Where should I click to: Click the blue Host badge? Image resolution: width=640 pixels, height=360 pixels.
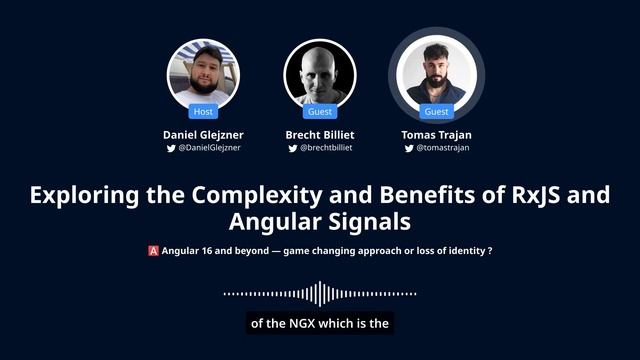203,112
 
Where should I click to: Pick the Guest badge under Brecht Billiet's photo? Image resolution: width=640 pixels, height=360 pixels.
320,112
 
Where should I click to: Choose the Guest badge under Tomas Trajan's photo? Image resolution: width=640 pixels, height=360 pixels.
436,112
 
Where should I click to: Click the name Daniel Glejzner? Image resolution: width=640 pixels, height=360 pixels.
203,134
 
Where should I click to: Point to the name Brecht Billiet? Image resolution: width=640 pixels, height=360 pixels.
320,134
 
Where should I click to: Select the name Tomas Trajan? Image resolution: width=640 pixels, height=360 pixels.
436,134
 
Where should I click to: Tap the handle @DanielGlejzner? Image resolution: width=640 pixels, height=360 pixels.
209,148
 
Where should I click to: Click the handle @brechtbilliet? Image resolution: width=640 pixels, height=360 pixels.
326,148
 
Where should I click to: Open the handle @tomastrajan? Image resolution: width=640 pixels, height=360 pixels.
442,148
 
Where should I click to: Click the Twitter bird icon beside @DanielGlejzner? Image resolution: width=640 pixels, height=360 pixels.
171,148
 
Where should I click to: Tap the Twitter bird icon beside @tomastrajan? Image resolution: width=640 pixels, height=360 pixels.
408,148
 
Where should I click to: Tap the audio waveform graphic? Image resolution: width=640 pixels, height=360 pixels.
319,294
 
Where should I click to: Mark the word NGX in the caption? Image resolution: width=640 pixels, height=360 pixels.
301,323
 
